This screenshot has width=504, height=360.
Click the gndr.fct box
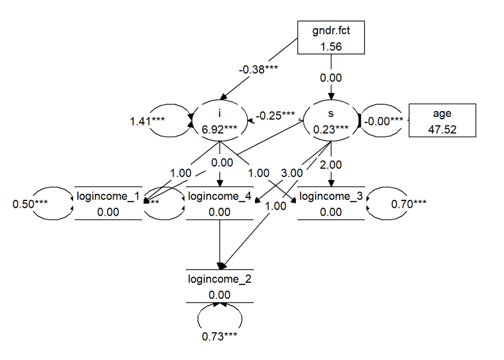(x=331, y=37)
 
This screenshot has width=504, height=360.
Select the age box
(x=442, y=120)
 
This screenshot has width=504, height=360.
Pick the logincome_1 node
(x=108, y=203)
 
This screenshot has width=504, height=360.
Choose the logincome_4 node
(x=220, y=203)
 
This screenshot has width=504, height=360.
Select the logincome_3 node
(x=331, y=203)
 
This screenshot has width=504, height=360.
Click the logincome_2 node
(x=220, y=286)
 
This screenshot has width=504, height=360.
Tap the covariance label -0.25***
(x=275, y=116)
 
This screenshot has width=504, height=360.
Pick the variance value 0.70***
(x=409, y=202)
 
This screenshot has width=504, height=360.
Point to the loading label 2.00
(x=331, y=165)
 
